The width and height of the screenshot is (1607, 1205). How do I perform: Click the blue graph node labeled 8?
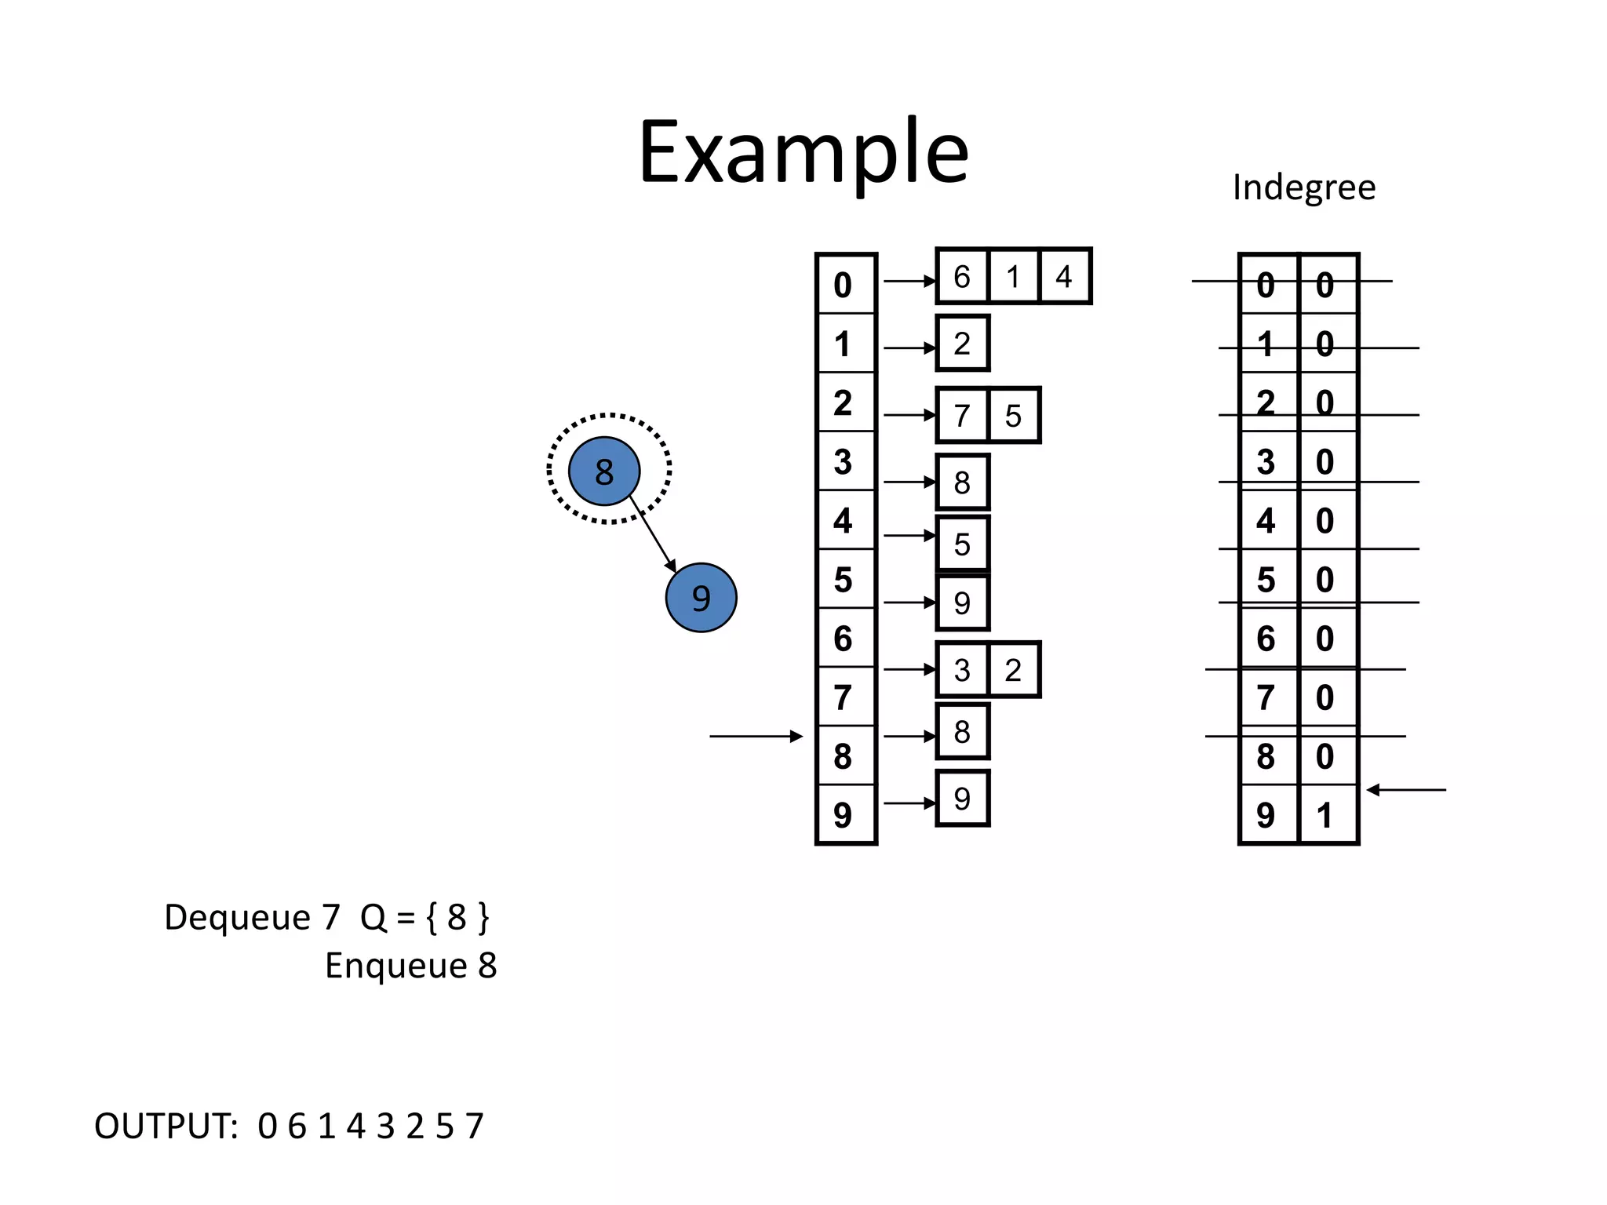tap(603, 471)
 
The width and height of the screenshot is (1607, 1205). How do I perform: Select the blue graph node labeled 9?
tap(701, 598)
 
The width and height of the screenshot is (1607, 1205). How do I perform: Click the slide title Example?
tap(803, 152)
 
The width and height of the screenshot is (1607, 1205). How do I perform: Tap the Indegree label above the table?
tap(1303, 187)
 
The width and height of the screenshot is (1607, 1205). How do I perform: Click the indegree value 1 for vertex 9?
tap(1325, 815)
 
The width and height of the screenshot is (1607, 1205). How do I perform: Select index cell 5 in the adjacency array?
tap(844, 580)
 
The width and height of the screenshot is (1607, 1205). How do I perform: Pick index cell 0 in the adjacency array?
tap(844, 285)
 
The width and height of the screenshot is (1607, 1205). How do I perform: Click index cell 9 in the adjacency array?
tap(844, 815)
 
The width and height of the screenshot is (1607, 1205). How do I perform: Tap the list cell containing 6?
tap(962, 277)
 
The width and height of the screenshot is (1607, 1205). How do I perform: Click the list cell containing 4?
tap(1064, 277)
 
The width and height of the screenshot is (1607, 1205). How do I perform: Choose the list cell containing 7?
tap(962, 416)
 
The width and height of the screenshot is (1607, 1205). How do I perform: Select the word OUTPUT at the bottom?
tap(166, 1127)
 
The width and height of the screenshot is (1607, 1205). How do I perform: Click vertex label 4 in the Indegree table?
tap(1266, 521)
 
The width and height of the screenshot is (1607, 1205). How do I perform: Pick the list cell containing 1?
tap(1013, 277)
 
